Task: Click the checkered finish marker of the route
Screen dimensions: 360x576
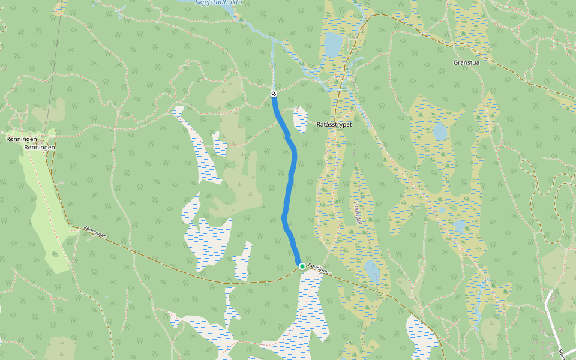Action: point(274,94)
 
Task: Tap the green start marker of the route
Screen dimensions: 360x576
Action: point(302,266)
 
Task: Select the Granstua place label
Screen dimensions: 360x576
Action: point(468,62)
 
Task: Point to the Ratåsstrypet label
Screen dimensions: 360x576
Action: point(334,125)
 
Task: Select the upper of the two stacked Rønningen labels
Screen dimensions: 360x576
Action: point(21,139)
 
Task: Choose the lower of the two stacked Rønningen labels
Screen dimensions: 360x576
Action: point(40,147)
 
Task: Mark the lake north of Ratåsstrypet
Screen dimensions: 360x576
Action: point(332,44)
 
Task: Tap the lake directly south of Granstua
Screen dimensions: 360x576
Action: point(440,131)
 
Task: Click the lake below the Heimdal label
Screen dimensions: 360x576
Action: point(372,272)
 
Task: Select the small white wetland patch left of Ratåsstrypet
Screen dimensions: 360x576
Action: point(299,120)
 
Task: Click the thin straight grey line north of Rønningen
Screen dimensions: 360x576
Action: point(56,72)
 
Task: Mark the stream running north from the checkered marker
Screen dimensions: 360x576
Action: point(273,66)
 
